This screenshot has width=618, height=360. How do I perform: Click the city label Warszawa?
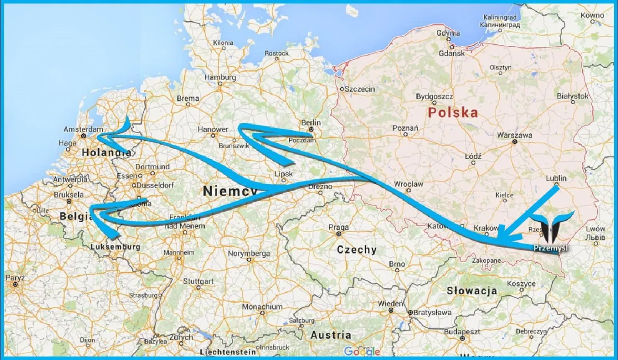tap(515, 135)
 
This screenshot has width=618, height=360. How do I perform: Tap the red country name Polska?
tap(453, 113)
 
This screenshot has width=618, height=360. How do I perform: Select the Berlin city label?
tap(311, 123)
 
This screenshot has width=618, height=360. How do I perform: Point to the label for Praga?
tap(338, 227)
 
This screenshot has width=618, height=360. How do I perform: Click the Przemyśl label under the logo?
tap(550, 248)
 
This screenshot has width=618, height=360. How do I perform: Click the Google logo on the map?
tap(362, 351)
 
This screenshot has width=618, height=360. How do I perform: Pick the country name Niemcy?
tap(230, 191)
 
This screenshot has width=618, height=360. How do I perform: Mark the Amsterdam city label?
tap(84, 129)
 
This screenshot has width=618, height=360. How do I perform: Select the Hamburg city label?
tap(220, 77)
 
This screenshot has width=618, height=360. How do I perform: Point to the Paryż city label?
tap(15, 278)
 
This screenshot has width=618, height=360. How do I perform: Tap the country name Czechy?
tap(356, 249)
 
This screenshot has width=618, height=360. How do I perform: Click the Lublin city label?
tap(556, 178)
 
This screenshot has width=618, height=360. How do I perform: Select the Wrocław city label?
tap(408, 184)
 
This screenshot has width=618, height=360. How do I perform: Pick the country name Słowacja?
tap(472, 291)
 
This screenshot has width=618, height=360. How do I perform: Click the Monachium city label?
tap(262, 306)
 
